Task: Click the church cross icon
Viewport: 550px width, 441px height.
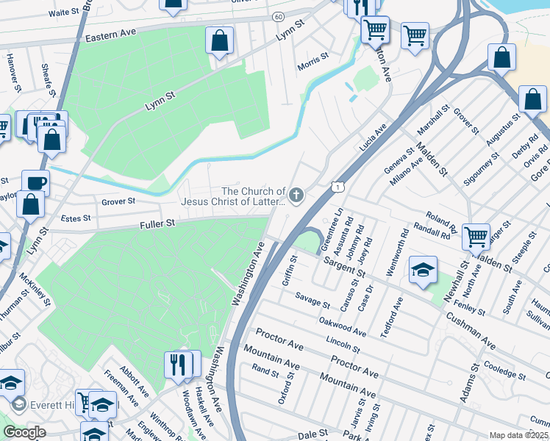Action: pos(296,195)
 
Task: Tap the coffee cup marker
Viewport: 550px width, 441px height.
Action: pos(35,182)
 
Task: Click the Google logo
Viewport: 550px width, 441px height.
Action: pos(24,432)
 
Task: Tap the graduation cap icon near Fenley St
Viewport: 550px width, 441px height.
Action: pos(423,269)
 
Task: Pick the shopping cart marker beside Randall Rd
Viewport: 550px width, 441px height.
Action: pos(476,236)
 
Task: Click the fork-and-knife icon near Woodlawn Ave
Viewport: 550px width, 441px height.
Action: pos(178,362)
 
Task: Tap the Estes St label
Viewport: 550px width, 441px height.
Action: pos(76,218)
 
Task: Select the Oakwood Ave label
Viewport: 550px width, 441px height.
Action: pos(343,327)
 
